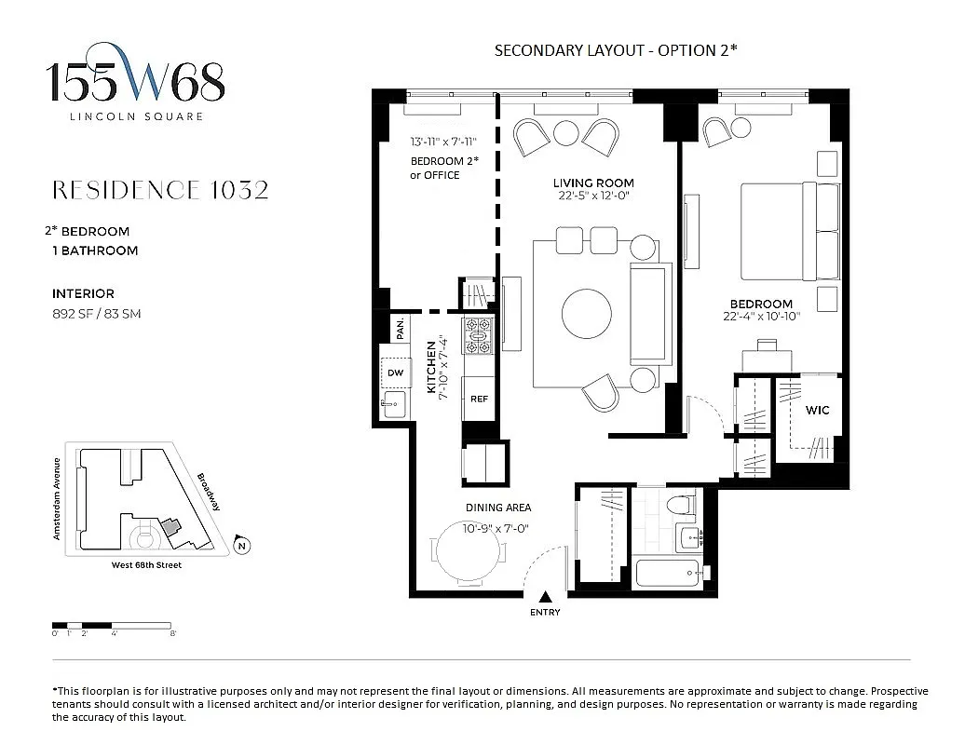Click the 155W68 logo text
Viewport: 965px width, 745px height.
[136, 84]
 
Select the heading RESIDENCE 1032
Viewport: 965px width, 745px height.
[160, 190]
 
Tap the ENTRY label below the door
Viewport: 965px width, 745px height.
[545, 612]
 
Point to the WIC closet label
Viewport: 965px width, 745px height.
[817, 410]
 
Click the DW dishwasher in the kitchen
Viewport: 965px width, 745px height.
[395, 372]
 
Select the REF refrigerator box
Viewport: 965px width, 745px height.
[479, 399]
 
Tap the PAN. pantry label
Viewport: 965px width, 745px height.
[400, 328]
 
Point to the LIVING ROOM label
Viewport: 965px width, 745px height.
[593, 183]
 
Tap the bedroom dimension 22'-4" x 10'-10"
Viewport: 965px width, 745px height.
[761, 317]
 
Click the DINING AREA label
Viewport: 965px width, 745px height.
[498, 508]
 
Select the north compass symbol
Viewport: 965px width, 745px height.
[241, 546]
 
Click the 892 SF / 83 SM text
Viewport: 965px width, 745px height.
[97, 314]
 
